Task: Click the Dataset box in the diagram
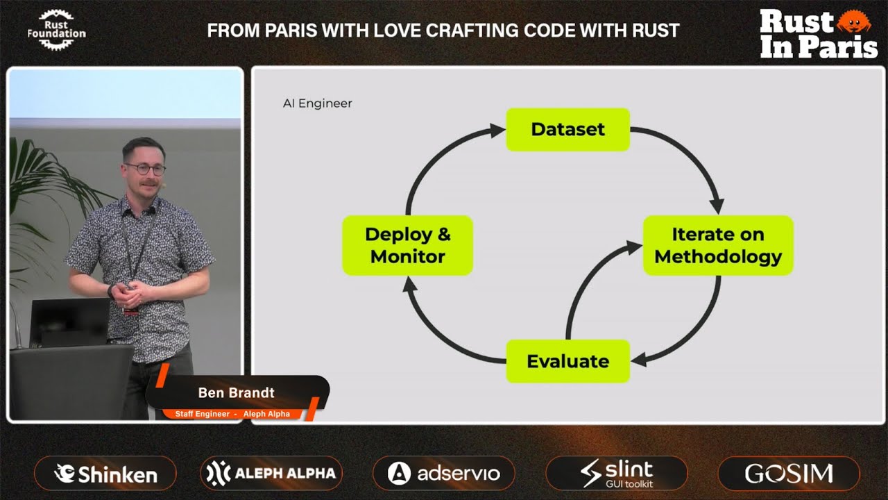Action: (567, 129)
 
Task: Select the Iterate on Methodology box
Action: (718, 245)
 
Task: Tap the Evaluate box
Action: (567, 361)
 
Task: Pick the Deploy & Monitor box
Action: (407, 245)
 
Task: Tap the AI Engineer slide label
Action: (317, 103)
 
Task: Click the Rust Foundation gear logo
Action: (56, 30)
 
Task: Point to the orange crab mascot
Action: (853, 21)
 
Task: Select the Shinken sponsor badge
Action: (105, 473)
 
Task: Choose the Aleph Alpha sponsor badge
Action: (271, 473)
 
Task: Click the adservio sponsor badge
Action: (443, 473)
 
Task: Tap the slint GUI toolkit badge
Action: (617, 473)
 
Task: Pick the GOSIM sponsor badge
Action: (789, 473)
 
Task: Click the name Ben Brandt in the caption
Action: (237, 393)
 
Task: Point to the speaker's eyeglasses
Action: (145, 169)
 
